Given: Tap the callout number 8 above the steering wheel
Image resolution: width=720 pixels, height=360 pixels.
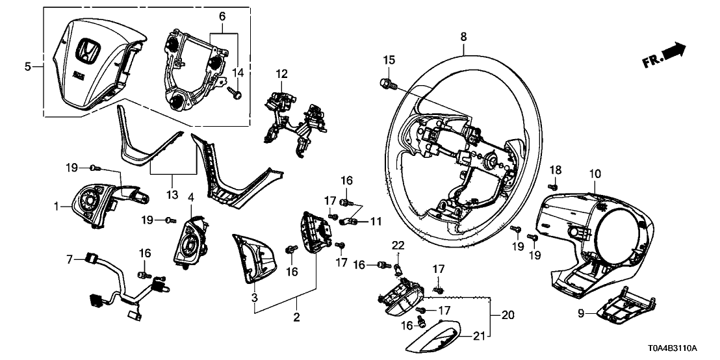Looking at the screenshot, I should [463, 38].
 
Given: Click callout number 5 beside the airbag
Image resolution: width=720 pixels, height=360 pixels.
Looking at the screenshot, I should [28, 66].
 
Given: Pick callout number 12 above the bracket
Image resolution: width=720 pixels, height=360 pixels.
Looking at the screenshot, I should [281, 75].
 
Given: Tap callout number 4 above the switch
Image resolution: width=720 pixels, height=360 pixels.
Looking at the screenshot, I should [191, 196].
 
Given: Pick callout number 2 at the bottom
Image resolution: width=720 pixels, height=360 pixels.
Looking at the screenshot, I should [297, 318].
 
